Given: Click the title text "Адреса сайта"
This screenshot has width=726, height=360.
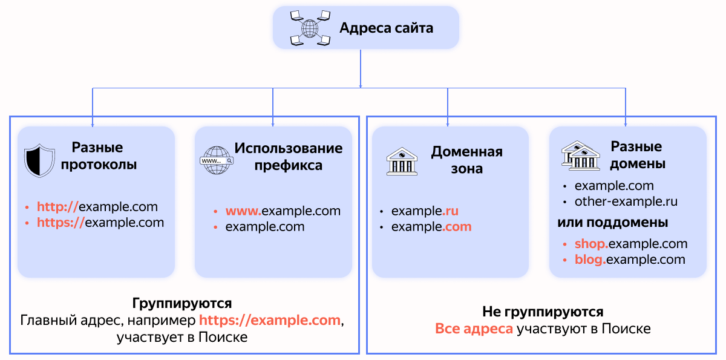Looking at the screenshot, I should (x=386, y=28).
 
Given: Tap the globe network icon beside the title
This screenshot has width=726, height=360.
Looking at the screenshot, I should (x=310, y=28).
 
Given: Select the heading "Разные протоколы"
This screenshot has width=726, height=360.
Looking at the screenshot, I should (x=97, y=156).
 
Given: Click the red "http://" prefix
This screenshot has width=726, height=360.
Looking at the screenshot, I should (x=58, y=206).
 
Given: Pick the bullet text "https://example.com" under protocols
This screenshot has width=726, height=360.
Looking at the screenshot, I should (x=100, y=222).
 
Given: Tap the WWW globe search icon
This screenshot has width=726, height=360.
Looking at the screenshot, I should (x=217, y=160).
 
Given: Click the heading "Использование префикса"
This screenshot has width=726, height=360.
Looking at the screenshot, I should (x=288, y=157).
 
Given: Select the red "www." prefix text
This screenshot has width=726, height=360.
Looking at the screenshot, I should (x=243, y=211).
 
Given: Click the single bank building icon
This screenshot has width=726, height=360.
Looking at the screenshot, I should (x=402, y=161).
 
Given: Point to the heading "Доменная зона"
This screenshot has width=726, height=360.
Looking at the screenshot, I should (x=466, y=160).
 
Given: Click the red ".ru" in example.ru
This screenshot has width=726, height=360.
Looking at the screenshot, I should (x=451, y=211).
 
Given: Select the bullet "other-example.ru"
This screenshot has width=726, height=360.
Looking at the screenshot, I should (x=626, y=201).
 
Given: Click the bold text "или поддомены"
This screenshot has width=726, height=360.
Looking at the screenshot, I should (x=612, y=223).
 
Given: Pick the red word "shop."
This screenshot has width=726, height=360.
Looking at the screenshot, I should (x=591, y=244).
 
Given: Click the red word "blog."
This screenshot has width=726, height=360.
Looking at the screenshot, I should (x=590, y=260).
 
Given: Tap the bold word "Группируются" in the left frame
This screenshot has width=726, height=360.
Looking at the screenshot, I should (x=182, y=303).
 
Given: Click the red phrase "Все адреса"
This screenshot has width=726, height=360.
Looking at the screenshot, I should (x=474, y=329).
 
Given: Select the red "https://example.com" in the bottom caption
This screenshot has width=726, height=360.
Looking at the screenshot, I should (x=270, y=320).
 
